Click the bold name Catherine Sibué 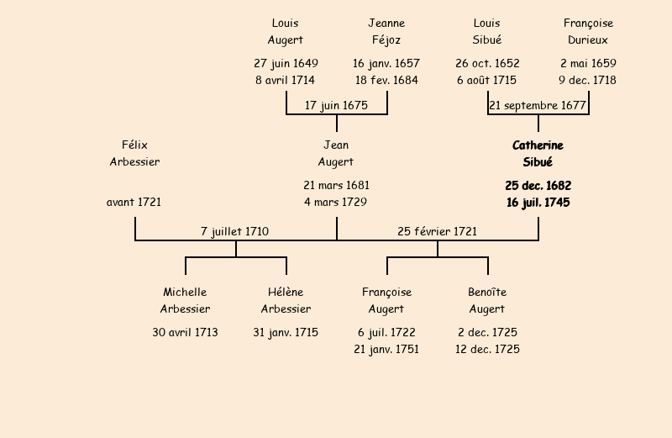pos(538,154)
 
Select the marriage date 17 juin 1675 pos(336,105)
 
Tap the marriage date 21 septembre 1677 pos(538,105)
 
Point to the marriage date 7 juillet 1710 pos(234,231)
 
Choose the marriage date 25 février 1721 pos(437,231)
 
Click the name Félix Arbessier pos(134,154)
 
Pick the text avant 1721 pos(134,202)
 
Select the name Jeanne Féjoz pos(386,31)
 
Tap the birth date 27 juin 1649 pos(286,63)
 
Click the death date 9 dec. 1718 pos(587,80)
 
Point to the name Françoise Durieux pos(588,31)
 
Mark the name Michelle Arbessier pos(185,300)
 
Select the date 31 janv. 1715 pos(286,332)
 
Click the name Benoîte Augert pos(487,300)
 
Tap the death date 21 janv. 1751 pos(386,349)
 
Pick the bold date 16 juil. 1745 pos(538,202)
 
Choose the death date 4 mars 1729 pos(336,202)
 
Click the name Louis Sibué pos(487,31)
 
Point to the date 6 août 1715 pos(487,80)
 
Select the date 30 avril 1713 pos(185,332)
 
